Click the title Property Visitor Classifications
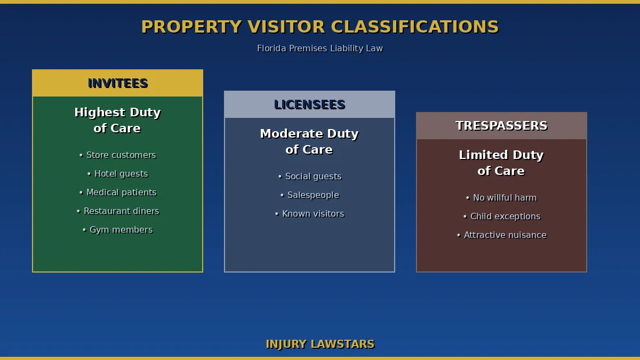(320, 27)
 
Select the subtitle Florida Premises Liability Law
(320, 49)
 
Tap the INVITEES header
(117, 84)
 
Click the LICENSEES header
(309, 105)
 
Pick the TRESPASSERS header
(501, 126)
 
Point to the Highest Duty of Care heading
(117, 121)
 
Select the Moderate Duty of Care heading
(309, 142)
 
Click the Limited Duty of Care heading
(501, 163)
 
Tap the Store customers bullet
(117, 155)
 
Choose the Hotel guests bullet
(117, 174)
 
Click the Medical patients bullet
(117, 193)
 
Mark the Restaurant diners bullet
(117, 211)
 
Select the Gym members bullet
(117, 230)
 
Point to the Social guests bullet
(309, 177)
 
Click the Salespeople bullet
(309, 195)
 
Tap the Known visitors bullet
(309, 214)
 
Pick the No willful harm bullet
(501, 198)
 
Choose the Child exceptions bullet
(501, 217)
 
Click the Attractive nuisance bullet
(501, 235)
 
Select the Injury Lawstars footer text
(320, 345)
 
